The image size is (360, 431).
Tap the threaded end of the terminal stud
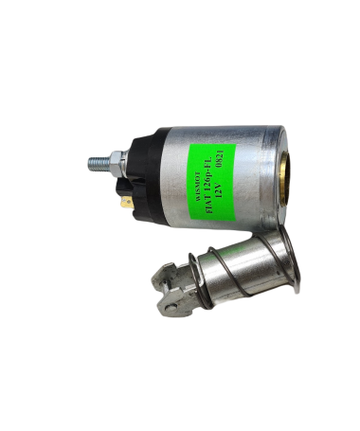98,163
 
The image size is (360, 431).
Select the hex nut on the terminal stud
116,164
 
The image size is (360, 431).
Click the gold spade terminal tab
127,203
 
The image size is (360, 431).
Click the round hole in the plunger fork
171,307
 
